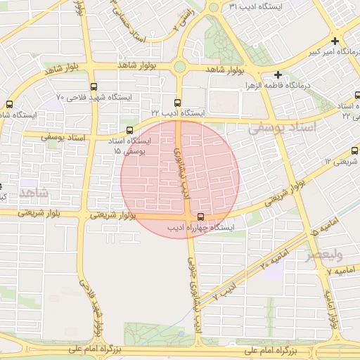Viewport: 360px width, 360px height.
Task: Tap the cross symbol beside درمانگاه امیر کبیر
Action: pyautogui.click(x=335, y=41)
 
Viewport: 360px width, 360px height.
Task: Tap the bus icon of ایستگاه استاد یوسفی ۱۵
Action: pyautogui.click(x=129, y=130)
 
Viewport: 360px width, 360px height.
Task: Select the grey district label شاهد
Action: pyautogui.click(x=33, y=192)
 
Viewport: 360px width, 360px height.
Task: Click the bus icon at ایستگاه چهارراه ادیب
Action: pyautogui.click(x=202, y=217)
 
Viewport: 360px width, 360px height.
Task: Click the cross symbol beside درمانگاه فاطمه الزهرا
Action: pyautogui.click(x=278, y=75)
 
